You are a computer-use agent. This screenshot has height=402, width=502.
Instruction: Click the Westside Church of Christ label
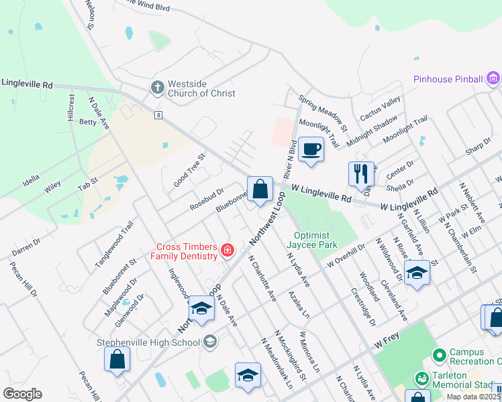coord(201,89)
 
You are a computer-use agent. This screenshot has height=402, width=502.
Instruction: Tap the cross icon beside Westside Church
coord(157,87)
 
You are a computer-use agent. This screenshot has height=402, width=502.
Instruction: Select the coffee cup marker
coord(311,149)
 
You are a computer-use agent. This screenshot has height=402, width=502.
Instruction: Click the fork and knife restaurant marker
coord(361,174)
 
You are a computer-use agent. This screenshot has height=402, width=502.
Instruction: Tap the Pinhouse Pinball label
coord(448,79)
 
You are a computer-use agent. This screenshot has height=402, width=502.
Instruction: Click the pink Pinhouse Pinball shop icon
coord(493,78)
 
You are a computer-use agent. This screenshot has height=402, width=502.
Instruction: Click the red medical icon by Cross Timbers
coord(228,251)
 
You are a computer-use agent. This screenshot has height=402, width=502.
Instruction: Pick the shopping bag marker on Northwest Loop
coord(260,189)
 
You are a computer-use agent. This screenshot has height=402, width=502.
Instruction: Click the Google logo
coord(22,394)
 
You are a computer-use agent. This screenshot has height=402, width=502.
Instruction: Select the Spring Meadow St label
coord(323,112)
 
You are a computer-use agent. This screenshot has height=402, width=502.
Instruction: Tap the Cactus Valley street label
coord(380,107)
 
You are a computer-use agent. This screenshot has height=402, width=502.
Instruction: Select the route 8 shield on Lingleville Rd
coord(158,115)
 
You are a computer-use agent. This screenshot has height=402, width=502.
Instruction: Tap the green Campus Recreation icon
coord(440,354)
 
